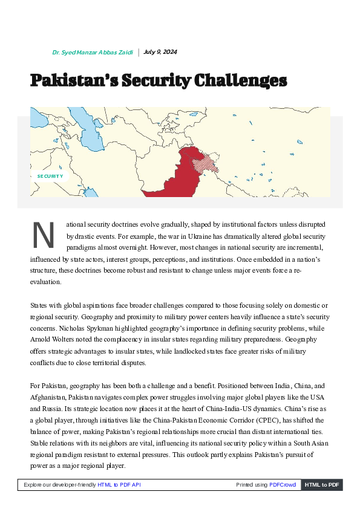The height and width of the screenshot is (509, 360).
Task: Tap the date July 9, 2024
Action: point(160,52)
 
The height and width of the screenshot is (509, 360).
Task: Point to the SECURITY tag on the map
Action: point(50,176)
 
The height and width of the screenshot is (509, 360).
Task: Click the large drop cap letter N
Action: point(43,236)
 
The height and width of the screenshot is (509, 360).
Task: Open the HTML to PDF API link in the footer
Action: point(119,485)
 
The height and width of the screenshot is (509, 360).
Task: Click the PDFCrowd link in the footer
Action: point(283,485)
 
